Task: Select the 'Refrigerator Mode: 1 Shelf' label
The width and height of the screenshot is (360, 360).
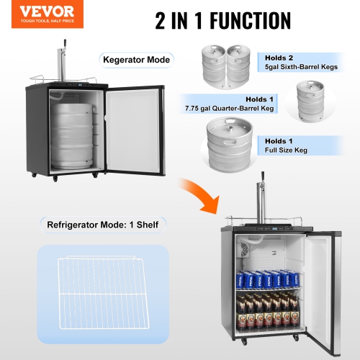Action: click(103, 224)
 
